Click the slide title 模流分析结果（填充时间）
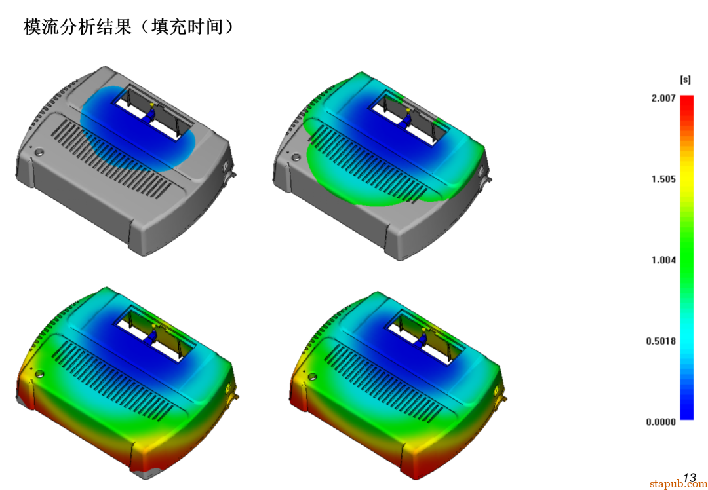click(129, 27)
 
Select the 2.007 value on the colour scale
click(663, 98)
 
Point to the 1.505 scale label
click(663, 179)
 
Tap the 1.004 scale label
click(663, 260)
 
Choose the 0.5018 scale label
click(661, 341)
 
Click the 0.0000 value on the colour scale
click(661, 422)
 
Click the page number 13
click(690, 478)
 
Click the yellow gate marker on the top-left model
click(152, 105)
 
